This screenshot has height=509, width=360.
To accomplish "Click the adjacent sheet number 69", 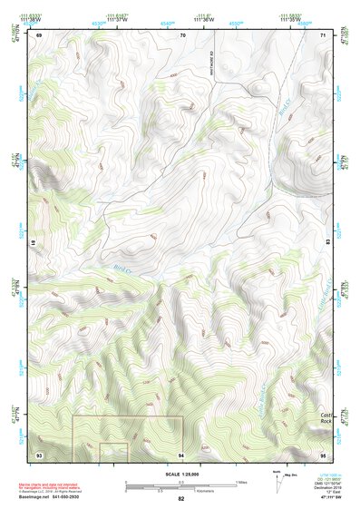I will pyautogui.click(x=40, y=35).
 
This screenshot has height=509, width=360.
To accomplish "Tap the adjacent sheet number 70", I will pyautogui.click(x=182, y=35).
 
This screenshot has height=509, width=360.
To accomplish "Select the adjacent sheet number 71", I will pyautogui.click(x=323, y=35).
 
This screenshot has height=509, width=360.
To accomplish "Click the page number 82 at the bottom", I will pyautogui.click(x=181, y=499).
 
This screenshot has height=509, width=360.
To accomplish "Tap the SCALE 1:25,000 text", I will pyautogui.click(x=180, y=474).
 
